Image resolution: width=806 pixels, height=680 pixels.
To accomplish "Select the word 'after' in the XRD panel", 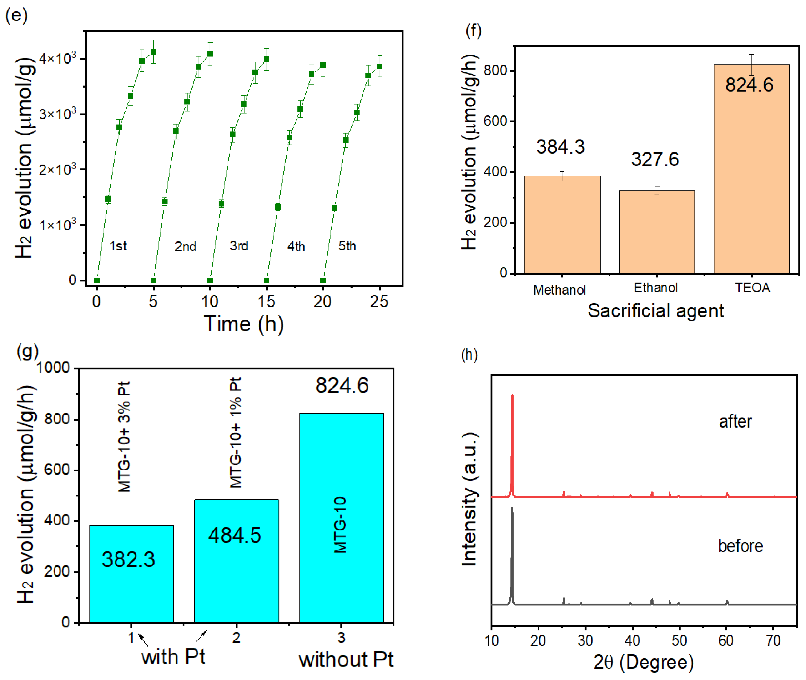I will tap(735, 422).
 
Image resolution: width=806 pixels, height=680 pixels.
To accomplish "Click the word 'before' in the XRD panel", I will tap(740, 546).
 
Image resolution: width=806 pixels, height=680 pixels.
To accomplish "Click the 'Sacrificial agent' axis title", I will tap(656, 311).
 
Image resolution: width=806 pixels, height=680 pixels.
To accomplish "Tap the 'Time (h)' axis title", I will tap(243, 324).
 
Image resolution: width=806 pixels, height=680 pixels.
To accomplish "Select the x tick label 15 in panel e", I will tap(266, 301).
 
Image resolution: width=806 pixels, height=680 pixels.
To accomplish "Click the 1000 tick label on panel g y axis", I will tap(53, 368).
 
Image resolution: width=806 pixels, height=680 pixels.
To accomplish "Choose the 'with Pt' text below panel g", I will tap(173, 657).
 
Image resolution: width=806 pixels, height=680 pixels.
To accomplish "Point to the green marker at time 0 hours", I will tap(97, 280).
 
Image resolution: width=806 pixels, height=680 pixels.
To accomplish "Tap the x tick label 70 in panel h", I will tap(773, 640).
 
